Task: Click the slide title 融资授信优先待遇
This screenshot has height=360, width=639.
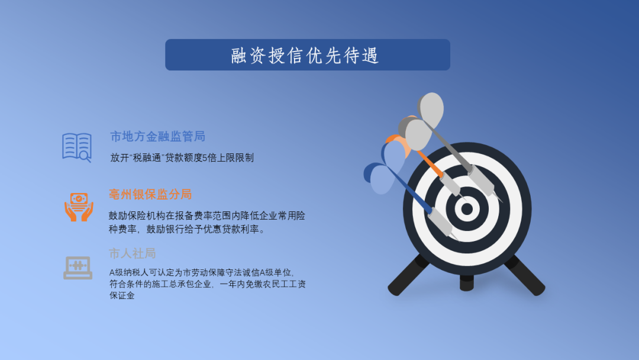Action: click(305, 56)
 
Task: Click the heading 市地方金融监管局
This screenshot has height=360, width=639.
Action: click(158, 137)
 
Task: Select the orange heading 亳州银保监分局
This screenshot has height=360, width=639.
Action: click(150, 194)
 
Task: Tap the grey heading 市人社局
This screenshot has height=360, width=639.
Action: click(133, 253)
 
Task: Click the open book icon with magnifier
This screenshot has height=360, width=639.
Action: click(77, 147)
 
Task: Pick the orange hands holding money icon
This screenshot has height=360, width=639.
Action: click(79, 207)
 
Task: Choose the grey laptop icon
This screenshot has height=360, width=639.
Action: click(78, 268)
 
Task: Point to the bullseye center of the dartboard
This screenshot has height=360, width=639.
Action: click(467, 209)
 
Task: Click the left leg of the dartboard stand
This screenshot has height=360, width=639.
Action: click(408, 275)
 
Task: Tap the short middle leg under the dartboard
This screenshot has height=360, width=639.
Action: click(467, 283)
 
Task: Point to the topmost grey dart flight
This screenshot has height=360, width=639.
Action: click(431, 110)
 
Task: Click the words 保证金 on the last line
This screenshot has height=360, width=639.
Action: click(122, 295)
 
